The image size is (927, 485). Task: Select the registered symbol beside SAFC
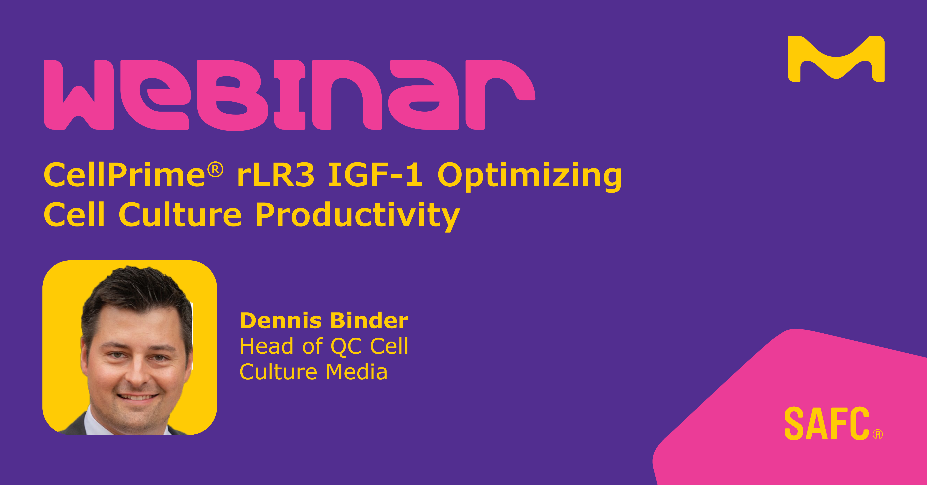[x=878, y=435]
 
